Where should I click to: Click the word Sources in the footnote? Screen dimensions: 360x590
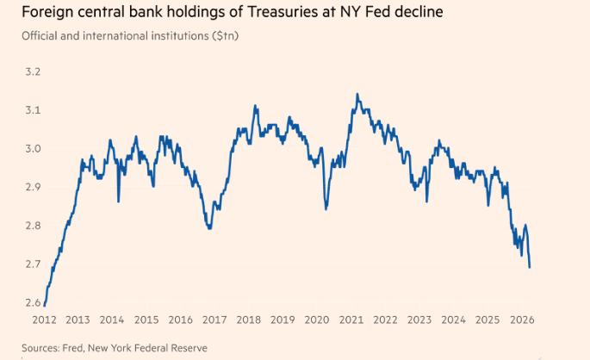click(43, 347)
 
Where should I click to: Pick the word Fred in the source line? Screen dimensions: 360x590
click(84, 347)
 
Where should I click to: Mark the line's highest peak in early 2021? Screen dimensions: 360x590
click(357, 94)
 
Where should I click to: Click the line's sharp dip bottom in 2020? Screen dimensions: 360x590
click(326, 208)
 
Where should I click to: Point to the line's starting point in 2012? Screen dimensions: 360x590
click(44, 305)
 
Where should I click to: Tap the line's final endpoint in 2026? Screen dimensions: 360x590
click(529, 267)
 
